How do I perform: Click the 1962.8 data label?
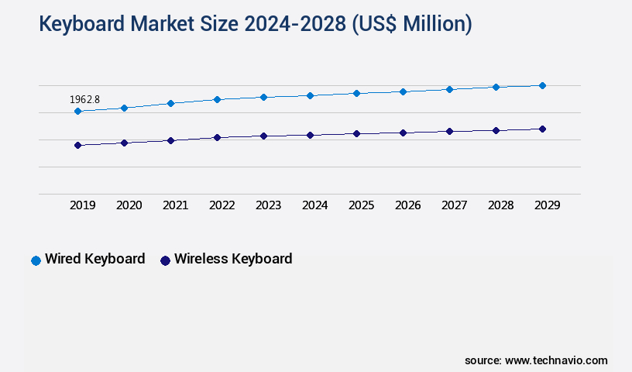(84, 99)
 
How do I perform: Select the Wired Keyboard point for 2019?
(77, 112)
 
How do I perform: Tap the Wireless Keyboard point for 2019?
(77, 145)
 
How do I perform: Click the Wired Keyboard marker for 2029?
(542, 85)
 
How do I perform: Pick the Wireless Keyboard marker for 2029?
(542, 129)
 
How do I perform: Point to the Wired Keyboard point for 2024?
(310, 95)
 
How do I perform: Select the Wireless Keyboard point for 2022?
(217, 137)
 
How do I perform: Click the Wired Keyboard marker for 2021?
(170, 103)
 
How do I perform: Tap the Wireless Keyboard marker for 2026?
(403, 133)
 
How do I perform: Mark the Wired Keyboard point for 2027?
(449, 89)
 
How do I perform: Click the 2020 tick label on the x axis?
(129, 205)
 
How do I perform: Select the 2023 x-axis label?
(268, 205)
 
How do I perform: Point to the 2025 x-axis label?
(361, 205)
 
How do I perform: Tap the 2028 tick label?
(500, 205)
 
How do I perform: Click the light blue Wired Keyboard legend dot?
(36, 260)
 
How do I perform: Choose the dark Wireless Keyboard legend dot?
(165, 260)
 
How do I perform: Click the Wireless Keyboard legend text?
(233, 259)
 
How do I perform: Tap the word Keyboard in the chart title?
(84, 25)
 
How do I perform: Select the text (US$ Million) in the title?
(412, 25)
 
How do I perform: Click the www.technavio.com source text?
(556, 360)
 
